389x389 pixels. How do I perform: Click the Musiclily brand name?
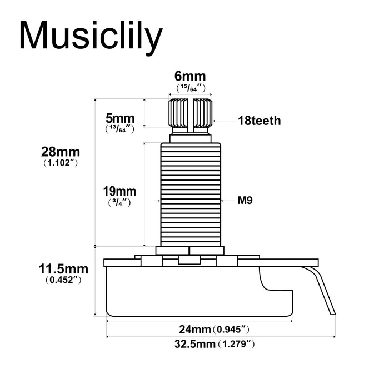[x=91, y=37]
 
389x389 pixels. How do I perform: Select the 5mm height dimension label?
[x=120, y=118]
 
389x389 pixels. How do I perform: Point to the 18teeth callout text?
[x=260, y=121]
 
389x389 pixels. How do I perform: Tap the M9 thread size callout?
[x=245, y=200]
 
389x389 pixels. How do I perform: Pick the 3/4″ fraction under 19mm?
[x=119, y=203]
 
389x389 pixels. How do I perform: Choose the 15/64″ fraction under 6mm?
[x=191, y=88]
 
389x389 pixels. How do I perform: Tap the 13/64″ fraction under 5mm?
[x=120, y=129]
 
